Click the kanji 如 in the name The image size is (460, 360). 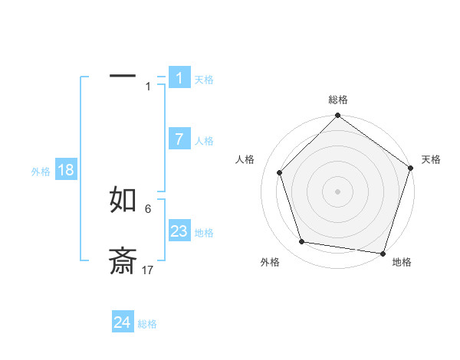[123, 200]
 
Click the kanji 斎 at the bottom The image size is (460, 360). [123, 261]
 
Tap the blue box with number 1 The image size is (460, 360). [179, 77]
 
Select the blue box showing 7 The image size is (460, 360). [179, 139]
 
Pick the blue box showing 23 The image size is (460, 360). [179, 231]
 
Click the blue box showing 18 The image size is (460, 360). [65, 170]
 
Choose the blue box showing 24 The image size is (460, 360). [122, 322]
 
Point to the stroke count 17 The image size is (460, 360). [148, 270]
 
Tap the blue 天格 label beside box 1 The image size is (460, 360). [204, 80]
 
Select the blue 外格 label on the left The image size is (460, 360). [41, 172]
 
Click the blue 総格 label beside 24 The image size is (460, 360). [147, 324]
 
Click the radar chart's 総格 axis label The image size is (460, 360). [338, 100]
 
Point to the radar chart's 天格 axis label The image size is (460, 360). [431, 159]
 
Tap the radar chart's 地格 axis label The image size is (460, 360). [402, 263]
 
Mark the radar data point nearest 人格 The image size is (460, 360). [279, 172]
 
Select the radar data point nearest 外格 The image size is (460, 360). [302, 242]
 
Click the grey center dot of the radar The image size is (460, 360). [338, 191]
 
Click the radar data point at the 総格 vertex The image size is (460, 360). [338, 117]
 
